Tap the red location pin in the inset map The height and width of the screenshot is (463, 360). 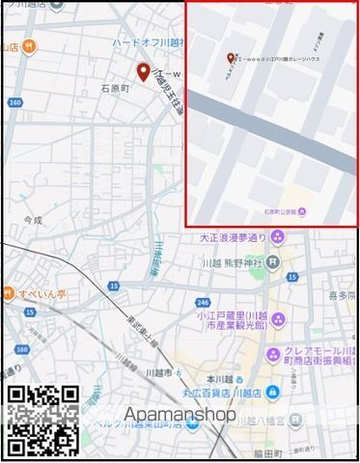230,58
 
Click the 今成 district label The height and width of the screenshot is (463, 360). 34,220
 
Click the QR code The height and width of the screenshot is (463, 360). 43,420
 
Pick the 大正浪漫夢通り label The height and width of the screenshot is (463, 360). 232,237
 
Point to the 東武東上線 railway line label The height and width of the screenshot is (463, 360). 122,326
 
